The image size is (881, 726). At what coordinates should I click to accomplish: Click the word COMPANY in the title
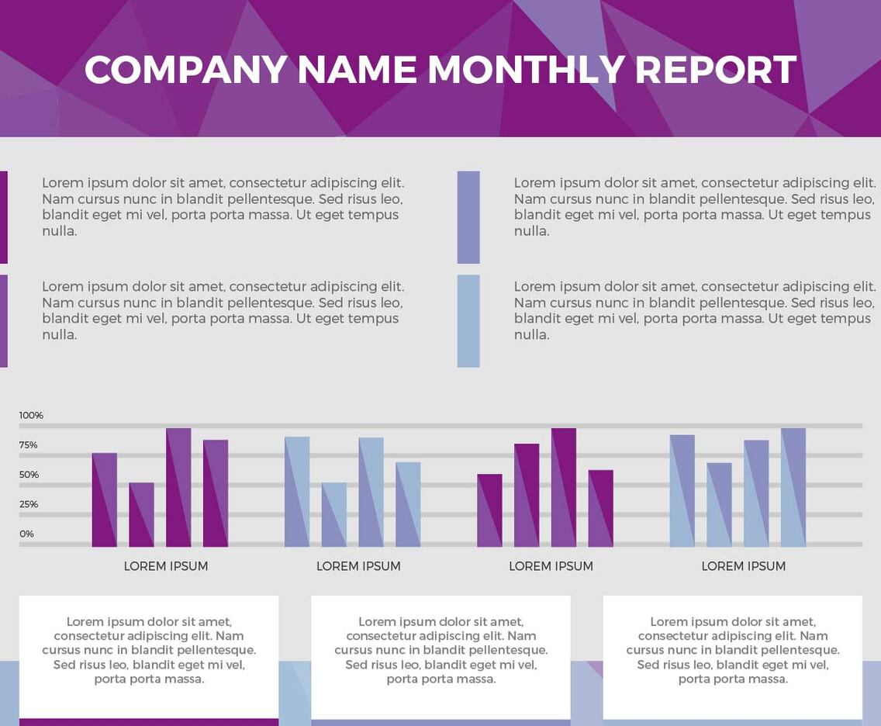186,70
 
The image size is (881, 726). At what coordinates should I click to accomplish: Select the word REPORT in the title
715,70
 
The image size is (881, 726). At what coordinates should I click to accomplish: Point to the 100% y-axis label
31,416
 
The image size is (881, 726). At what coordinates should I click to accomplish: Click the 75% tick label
29,445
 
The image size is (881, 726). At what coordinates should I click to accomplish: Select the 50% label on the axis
29,475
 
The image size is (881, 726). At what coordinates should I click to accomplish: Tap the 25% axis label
29,504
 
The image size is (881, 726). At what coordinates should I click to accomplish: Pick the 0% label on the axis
26,534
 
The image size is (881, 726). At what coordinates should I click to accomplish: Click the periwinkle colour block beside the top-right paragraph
468,217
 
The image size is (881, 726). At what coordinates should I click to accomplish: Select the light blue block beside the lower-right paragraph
468,320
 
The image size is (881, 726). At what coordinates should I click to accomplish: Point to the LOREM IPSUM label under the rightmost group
743,566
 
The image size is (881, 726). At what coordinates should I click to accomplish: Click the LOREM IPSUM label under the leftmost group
166,566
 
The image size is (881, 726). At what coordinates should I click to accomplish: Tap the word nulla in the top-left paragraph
59,231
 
